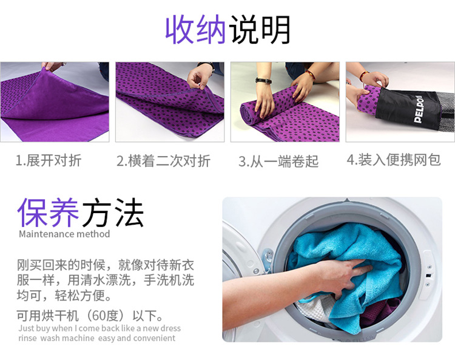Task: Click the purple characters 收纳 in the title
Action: coord(195,30)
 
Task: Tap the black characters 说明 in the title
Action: coord(260,30)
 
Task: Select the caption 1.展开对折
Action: coord(49,160)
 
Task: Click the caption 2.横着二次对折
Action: coord(163,161)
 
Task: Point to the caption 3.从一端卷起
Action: coord(278,161)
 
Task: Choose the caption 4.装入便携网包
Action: coord(394,160)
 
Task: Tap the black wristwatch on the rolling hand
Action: coord(263,80)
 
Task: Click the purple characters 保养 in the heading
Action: coord(48,212)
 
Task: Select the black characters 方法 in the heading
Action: coord(113,212)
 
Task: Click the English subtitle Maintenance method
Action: coord(64,234)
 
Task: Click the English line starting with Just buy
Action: coord(99,328)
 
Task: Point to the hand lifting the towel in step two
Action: coord(200,75)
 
